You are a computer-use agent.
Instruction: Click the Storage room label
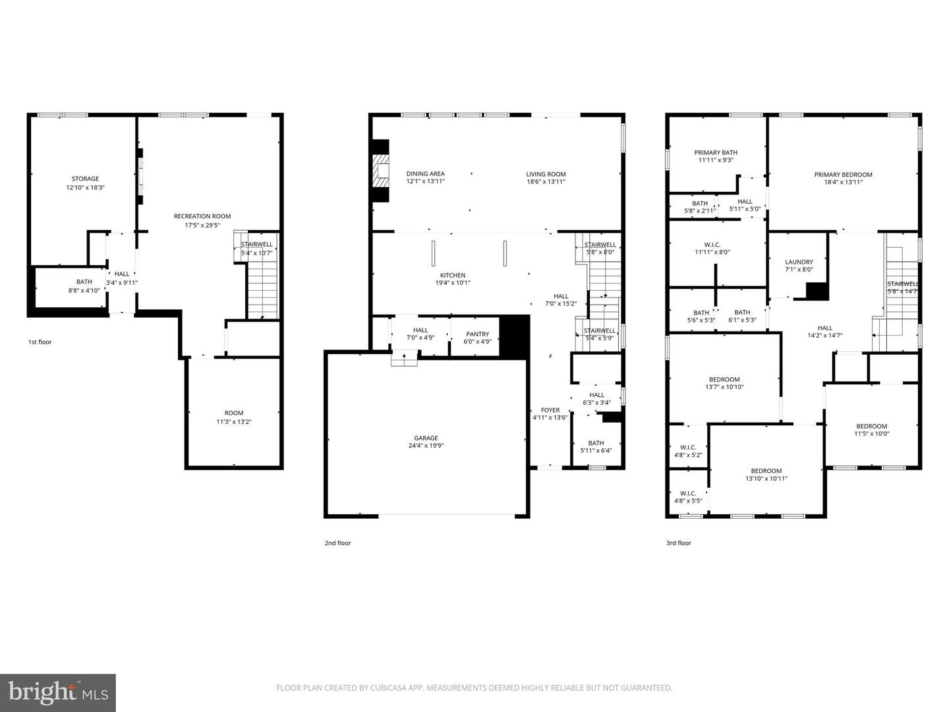pyautogui.click(x=85, y=179)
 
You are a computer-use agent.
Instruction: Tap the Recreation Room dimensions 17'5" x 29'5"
pyautogui.click(x=202, y=225)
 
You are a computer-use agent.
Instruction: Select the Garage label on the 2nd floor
pyautogui.click(x=426, y=438)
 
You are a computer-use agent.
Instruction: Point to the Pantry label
pyautogui.click(x=477, y=334)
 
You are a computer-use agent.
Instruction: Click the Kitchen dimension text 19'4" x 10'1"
pyautogui.click(x=453, y=283)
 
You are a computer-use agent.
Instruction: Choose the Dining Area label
pyautogui.click(x=425, y=174)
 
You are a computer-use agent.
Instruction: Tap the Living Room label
pyautogui.click(x=546, y=174)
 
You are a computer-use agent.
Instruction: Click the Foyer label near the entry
pyautogui.click(x=550, y=410)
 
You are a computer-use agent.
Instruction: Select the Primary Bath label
pyautogui.click(x=716, y=152)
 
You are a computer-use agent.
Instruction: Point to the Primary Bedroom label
pyautogui.click(x=843, y=175)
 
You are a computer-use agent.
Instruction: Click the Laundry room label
pyautogui.click(x=799, y=262)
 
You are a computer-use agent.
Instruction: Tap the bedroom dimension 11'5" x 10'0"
pyautogui.click(x=871, y=434)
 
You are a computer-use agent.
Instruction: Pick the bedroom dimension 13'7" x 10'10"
pyautogui.click(x=724, y=387)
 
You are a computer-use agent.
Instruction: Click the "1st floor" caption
pyautogui.click(x=40, y=342)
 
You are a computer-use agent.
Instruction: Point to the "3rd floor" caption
pyautogui.click(x=678, y=543)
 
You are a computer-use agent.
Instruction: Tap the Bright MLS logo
pyautogui.click(x=58, y=693)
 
